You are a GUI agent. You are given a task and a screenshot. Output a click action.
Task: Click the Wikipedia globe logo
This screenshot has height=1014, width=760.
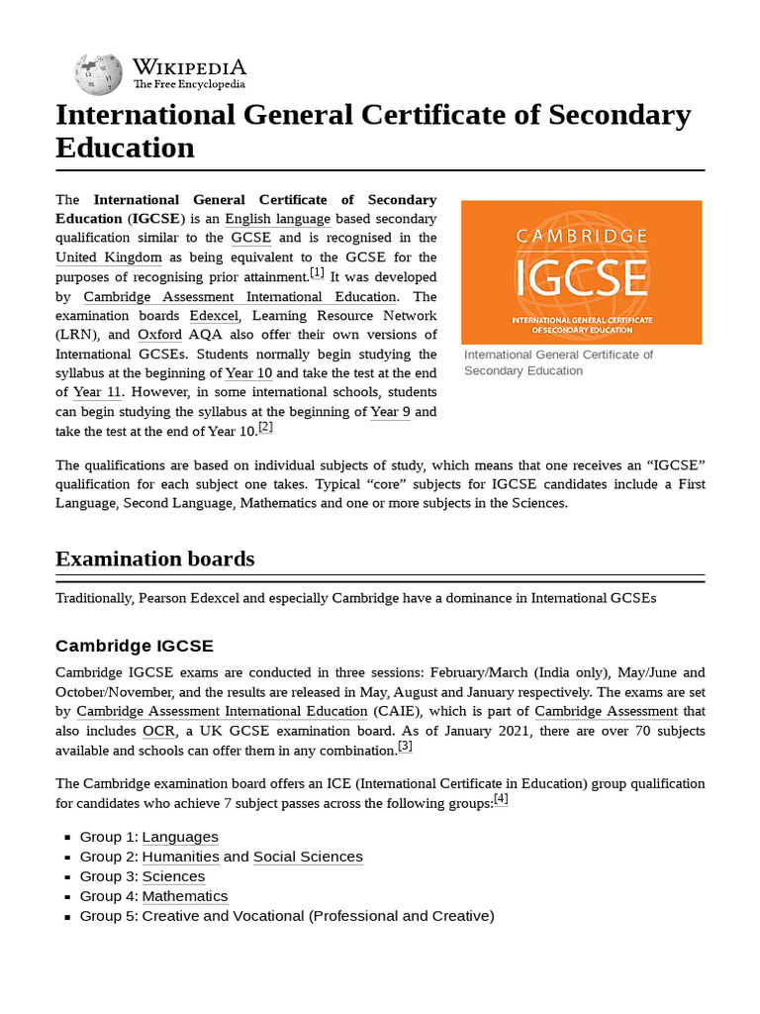(x=99, y=72)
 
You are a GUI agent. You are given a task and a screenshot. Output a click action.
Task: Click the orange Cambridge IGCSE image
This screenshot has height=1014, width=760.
(x=582, y=272)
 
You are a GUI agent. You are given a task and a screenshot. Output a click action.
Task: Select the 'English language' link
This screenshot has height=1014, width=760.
(x=277, y=219)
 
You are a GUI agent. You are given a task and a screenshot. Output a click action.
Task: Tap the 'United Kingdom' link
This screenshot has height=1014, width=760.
(x=109, y=257)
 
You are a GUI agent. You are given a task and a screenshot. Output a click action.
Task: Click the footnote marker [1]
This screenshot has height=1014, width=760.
(x=317, y=272)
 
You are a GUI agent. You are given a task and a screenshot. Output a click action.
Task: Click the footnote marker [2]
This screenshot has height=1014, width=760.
(x=265, y=427)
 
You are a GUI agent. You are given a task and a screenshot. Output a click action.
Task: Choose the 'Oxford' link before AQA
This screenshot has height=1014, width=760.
(x=159, y=335)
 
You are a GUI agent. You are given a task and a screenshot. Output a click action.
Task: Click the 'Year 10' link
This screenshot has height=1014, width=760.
(x=248, y=373)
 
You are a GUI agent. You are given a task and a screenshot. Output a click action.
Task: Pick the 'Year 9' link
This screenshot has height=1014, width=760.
(x=390, y=412)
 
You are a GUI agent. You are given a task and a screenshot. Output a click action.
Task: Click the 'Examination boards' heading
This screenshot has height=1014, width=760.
(x=154, y=558)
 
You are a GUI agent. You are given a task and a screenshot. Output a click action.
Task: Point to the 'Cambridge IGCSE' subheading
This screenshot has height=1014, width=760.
(x=134, y=646)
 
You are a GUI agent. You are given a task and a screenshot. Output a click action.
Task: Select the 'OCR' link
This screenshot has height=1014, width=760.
(x=158, y=731)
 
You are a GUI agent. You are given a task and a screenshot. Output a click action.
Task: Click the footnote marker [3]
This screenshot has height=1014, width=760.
(x=405, y=746)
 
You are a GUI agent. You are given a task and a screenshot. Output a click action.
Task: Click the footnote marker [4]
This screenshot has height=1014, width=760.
(x=501, y=798)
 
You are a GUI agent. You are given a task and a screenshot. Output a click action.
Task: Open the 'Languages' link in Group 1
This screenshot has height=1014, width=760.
(x=180, y=837)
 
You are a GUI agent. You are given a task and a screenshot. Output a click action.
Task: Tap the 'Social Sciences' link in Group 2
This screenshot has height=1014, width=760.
(x=308, y=857)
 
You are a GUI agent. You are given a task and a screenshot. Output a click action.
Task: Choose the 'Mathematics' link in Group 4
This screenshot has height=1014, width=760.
(x=185, y=896)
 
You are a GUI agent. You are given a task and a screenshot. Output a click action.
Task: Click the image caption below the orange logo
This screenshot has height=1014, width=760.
(x=558, y=362)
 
